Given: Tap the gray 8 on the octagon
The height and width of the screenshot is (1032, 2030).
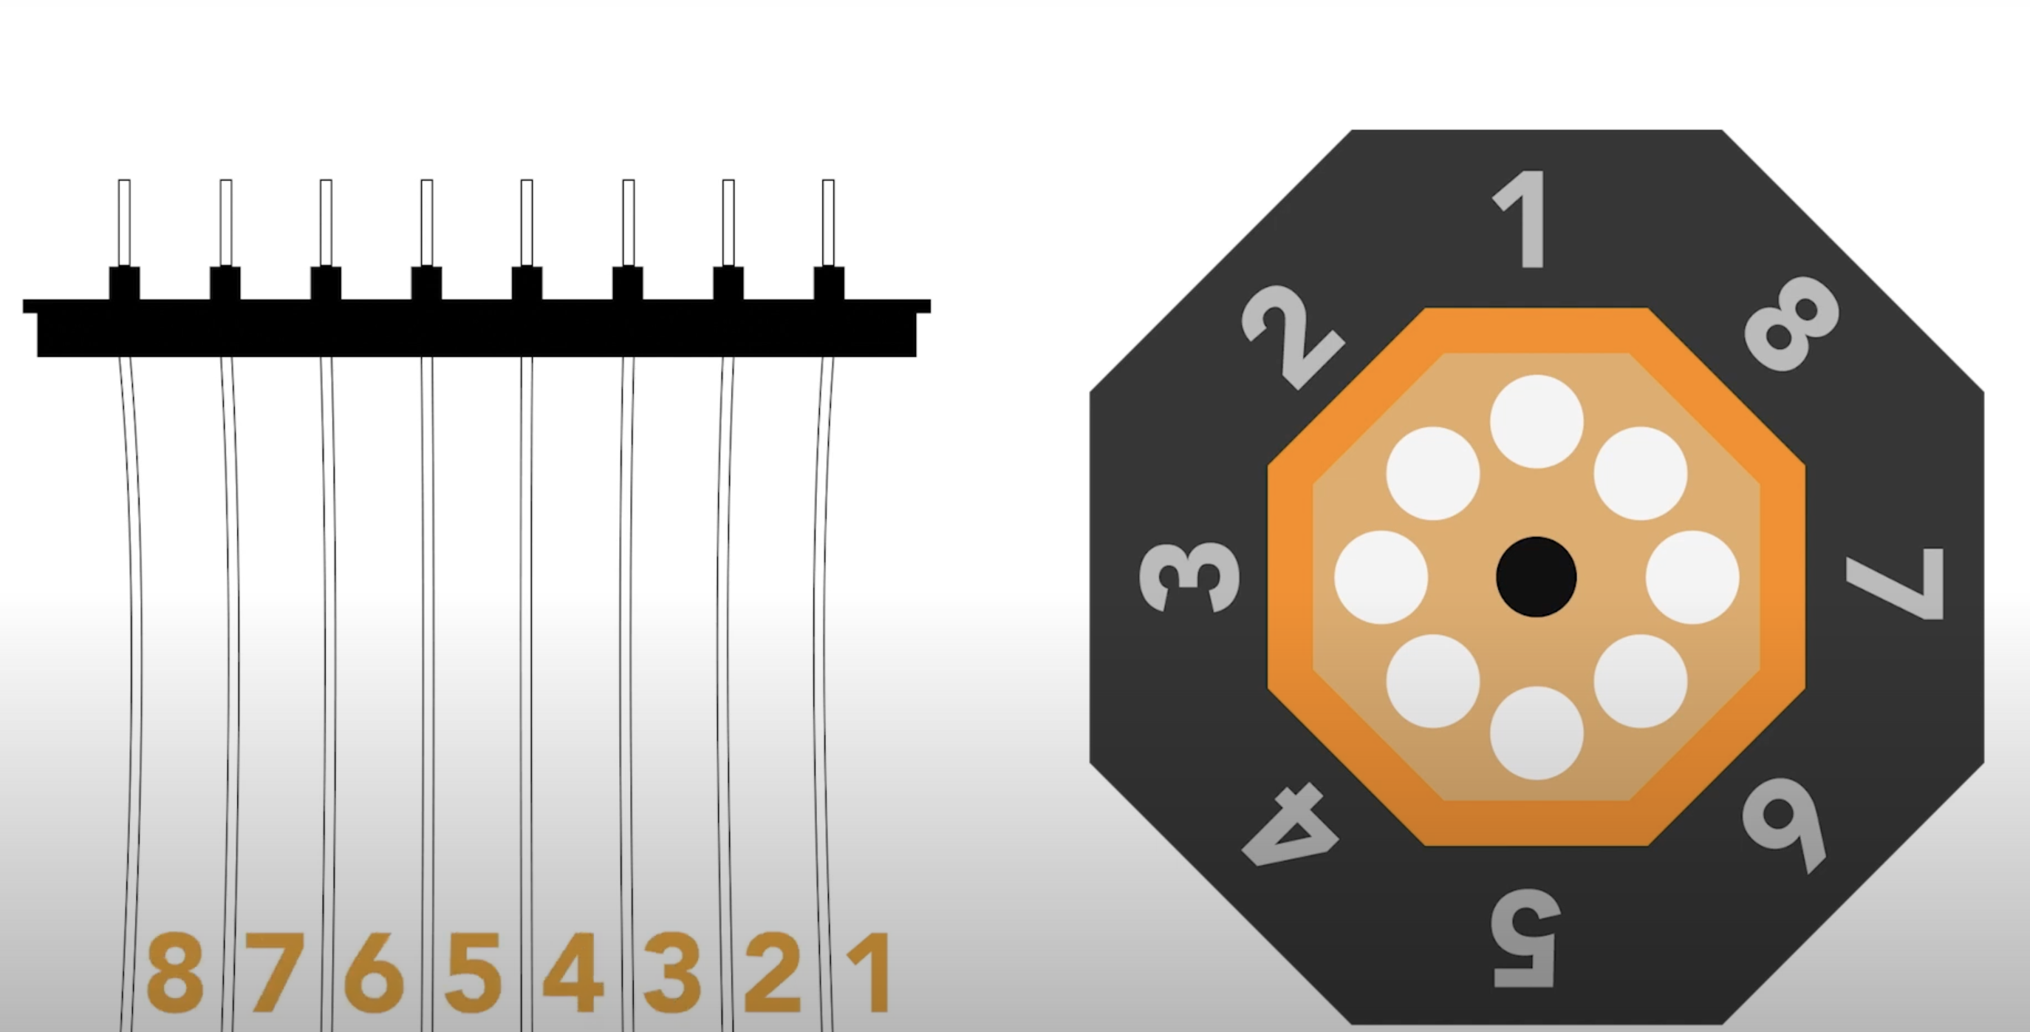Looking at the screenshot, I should coord(1791,323).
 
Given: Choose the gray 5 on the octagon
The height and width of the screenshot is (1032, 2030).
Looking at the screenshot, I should coord(1525,938).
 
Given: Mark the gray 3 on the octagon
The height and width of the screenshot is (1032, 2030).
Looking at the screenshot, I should coord(1189,577).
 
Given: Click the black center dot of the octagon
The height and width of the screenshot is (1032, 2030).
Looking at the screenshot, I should coord(1536,577).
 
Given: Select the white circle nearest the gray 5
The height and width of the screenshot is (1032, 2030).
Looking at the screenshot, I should coord(1537,733).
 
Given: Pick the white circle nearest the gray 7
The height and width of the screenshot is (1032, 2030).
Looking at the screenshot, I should coord(1692,577).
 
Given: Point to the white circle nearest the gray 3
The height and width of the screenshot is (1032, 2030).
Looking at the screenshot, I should coord(1381,577).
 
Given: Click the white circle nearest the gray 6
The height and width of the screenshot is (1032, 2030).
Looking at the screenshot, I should coord(1640,680).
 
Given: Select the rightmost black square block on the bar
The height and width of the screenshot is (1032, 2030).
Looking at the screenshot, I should coord(828,283).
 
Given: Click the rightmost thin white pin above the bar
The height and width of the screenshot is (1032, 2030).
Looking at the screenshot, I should coord(828,223).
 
